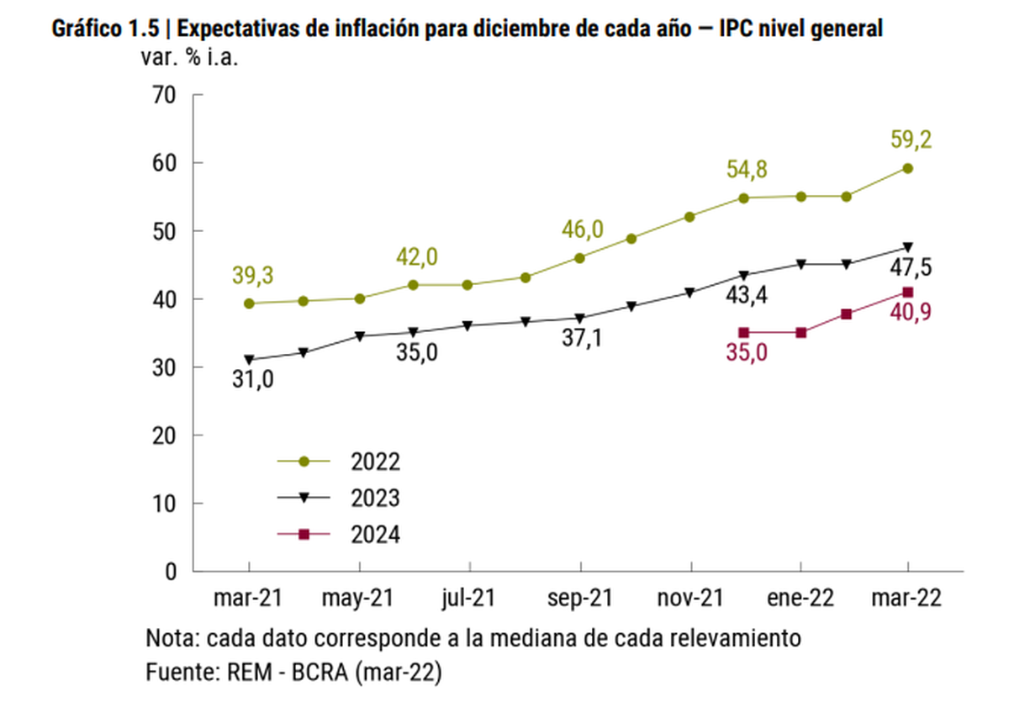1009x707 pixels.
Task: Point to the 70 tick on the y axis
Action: pyautogui.click(x=163, y=95)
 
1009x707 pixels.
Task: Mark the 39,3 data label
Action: pyautogui.click(x=249, y=275)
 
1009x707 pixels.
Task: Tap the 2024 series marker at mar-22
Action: pyautogui.click(x=908, y=292)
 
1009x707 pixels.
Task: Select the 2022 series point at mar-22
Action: pyautogui.click(x=908, y=168)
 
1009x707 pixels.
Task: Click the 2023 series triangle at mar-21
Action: pyautogui.click(x=249, y=360)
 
